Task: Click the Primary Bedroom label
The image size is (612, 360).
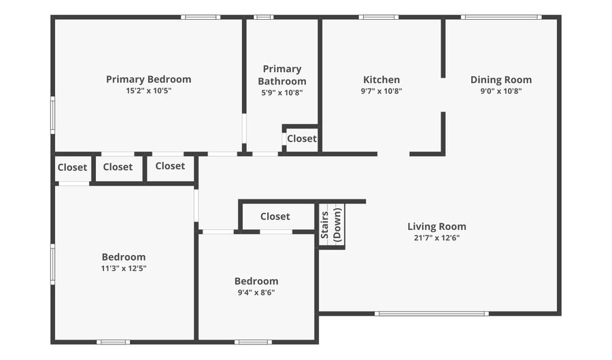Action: click(148, 79)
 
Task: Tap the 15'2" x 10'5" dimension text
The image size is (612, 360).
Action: click(148, 91)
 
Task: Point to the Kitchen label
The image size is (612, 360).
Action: click(381, 80)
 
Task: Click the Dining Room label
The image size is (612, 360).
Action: click(501, 80)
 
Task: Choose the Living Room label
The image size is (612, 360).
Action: click(437, 227)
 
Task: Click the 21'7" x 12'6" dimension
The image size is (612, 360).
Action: click(437, 238)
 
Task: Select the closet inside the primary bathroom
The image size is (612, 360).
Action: click(301, 138)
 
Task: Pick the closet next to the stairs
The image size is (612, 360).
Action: click(275, 216)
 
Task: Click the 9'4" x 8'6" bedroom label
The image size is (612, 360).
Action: click(256, 281)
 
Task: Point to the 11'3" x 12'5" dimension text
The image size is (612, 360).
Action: click(124, 268)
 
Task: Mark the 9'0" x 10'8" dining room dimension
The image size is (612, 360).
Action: click(501, 91)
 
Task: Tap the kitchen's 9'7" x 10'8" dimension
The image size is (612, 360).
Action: click(381, 91)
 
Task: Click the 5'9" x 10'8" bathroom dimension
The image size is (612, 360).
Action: click(282, 93)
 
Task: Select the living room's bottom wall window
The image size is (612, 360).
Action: click(432, 314)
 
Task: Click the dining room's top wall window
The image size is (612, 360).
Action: click(501, 17)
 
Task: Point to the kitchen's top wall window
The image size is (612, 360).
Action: click(379, 17)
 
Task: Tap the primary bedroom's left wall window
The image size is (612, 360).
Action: click(53, 114)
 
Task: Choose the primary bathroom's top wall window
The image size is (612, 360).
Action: click(263, 17)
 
